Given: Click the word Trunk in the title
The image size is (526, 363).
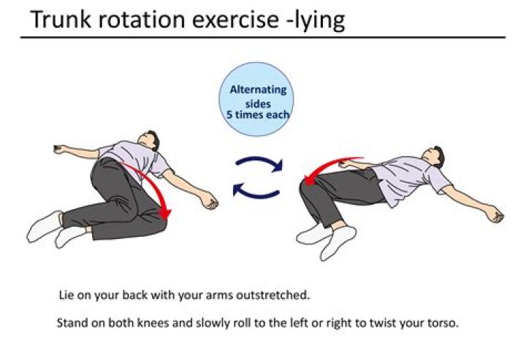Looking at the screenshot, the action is (x=61, y=20).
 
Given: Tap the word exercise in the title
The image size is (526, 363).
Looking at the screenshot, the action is (x=235, y=20).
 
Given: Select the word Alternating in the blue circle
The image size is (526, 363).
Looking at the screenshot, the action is (x=258, y=90).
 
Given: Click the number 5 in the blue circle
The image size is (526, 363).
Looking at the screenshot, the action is (x=229, y=114).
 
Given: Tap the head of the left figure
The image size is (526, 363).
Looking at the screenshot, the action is (x=150, y=140).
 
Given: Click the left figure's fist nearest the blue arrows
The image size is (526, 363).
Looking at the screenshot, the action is (x=209, y=200).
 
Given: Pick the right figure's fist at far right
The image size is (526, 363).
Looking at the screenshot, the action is (x=495, y=214).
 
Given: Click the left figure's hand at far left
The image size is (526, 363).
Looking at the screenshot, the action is (x=61, y=149).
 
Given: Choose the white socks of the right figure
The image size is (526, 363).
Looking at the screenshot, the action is (x=327, y=240).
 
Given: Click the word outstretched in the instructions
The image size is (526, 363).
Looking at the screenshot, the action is (x=272, y=295).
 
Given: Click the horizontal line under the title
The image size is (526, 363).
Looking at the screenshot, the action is (x=263, y=37).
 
